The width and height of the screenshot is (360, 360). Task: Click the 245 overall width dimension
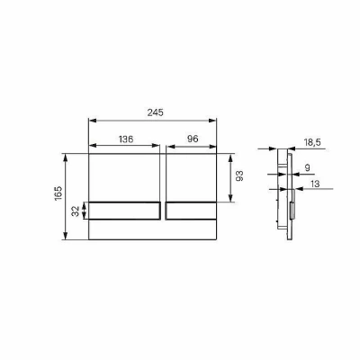[x=156, y=112]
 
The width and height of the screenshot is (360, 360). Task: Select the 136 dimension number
[x=126, y=139]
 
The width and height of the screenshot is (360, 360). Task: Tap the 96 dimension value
[x=193, y=139]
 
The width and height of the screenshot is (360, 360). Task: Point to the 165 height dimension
[x=58, y=193]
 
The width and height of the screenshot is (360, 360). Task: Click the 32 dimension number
[x=76, y=211]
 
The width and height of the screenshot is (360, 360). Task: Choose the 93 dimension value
[x=239, y=175]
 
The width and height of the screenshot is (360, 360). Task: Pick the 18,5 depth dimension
[x=312, y=142]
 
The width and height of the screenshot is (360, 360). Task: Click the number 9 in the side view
[x=307, y=167]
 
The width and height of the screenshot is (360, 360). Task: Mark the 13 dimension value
[x=315, y=184]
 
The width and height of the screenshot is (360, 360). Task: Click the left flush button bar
[x=124, y=211]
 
